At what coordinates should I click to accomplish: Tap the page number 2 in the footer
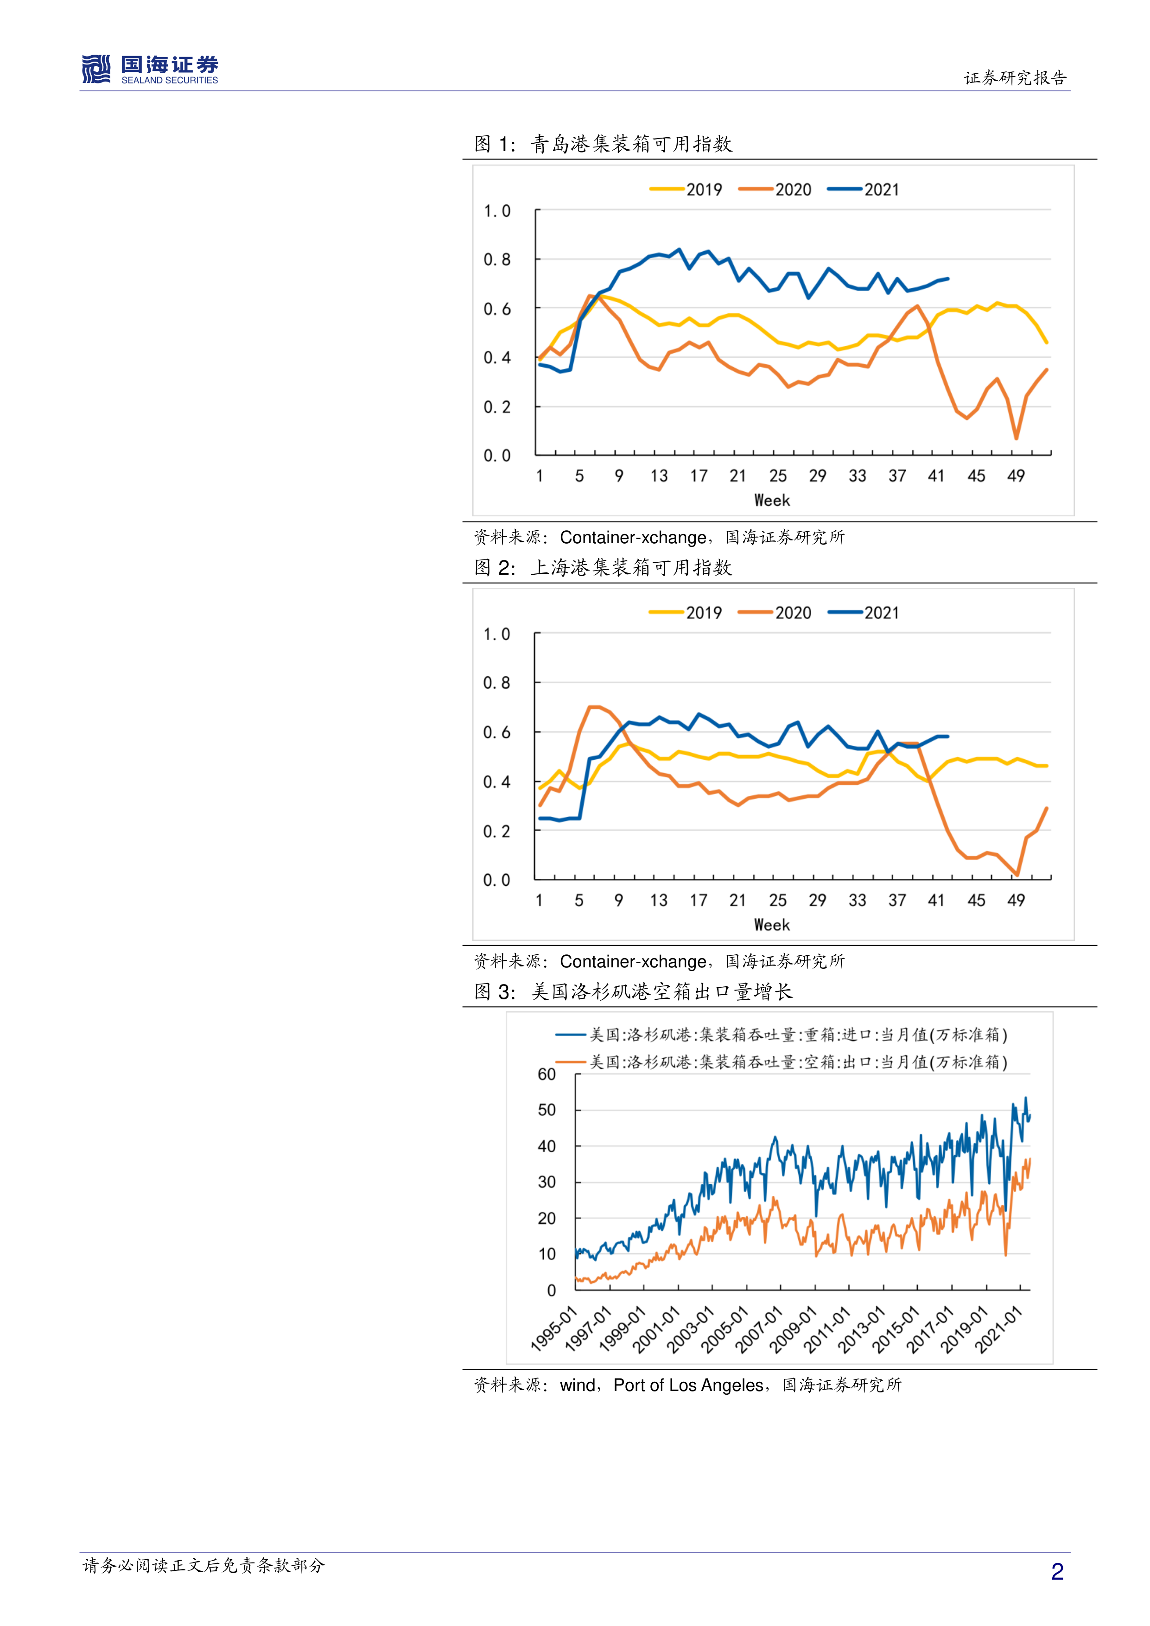1056,1571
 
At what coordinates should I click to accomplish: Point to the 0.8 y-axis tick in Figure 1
496,260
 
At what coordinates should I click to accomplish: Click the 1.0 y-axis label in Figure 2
496,635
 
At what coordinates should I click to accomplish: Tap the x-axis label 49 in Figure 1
1016,476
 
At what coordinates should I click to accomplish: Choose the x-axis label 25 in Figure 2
777,901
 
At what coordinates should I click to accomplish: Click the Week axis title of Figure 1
771,501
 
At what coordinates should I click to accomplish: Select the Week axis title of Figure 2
771,925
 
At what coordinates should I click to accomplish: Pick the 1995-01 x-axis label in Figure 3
554,1330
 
